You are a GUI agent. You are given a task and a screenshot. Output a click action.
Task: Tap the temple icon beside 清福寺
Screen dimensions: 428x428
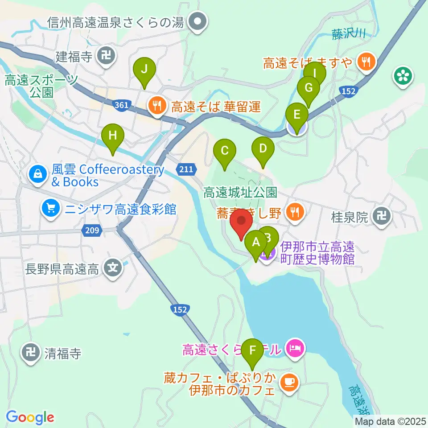[31, 353]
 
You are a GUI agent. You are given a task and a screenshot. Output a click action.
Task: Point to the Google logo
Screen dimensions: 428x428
[30, 417]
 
